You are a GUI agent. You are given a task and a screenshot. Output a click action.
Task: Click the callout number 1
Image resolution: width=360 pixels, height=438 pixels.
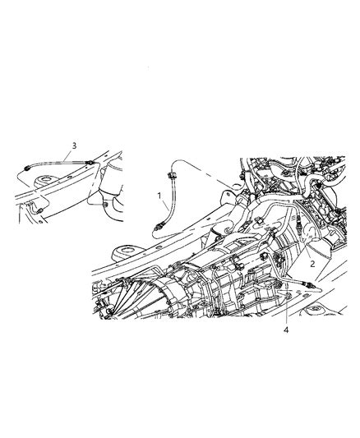tap(159, 196)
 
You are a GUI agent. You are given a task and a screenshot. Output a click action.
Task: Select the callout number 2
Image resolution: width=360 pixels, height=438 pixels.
tap(312, 264)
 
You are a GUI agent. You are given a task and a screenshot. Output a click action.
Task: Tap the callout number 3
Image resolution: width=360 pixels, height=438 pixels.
tap(74, 145)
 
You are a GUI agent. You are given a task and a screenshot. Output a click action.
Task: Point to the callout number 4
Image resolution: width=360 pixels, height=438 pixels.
tap(286, 330)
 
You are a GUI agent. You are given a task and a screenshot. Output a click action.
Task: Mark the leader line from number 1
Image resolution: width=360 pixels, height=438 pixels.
tap(165, 205)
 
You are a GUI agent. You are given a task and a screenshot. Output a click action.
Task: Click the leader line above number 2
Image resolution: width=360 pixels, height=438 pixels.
tap(307, 250)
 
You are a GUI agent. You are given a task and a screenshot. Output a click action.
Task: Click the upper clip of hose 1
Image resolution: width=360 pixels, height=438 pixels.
tap(170, 175)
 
